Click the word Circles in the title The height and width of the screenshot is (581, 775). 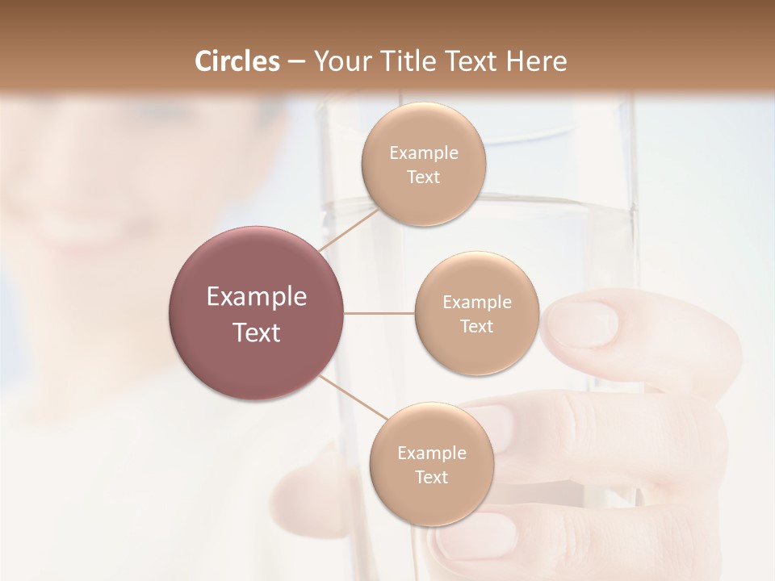pos(237,61)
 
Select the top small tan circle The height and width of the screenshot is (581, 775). pos(423,129)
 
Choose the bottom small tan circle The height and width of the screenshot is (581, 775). pos(431,500)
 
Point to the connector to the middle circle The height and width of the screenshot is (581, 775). pos(379,313)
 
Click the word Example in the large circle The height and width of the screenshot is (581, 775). pos(257,297)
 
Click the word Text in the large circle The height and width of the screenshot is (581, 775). pos(257,332)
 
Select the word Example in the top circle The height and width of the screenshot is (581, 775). pos(424,153)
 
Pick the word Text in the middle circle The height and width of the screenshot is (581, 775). pos(476,327)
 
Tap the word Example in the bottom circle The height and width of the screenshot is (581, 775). pos(431,454)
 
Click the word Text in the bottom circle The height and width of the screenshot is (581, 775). pos(431,478)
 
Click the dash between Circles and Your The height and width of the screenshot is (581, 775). pos(296,62)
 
